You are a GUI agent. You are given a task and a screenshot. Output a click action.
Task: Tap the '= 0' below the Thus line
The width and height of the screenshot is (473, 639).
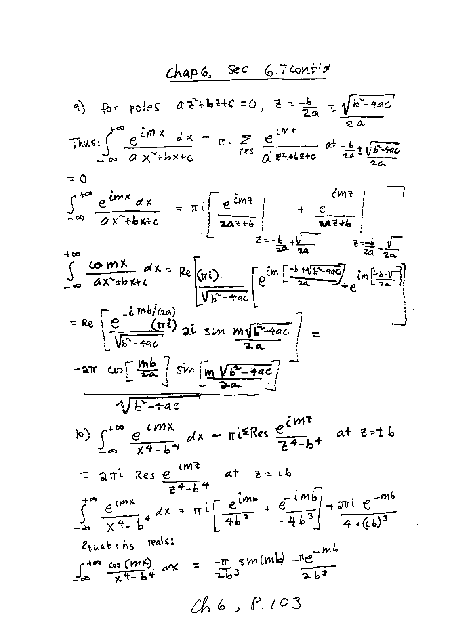coord(77,178)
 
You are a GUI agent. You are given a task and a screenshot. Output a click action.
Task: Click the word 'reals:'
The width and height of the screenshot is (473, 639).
coord(161,542)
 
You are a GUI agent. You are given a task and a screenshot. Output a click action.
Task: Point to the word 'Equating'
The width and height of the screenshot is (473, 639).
coord(107,545)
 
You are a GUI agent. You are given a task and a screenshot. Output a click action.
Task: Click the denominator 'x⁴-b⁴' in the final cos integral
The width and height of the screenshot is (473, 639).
coord(135,578)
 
